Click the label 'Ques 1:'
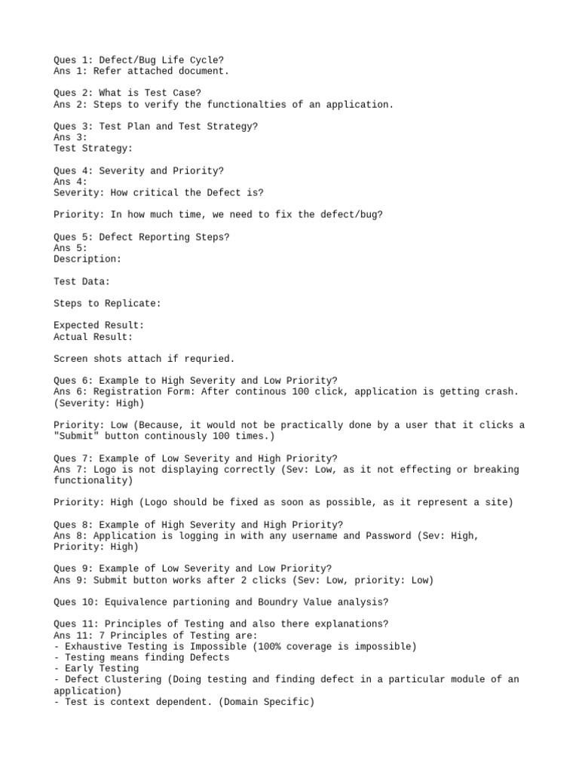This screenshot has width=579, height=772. coord(73,60)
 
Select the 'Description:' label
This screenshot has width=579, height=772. coord(87,259)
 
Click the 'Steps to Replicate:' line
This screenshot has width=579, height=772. coord(107,303)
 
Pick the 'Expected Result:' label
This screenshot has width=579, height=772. coord(99,326)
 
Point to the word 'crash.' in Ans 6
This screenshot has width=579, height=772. coord(502,392)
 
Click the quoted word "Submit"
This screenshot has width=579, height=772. coord(76,437)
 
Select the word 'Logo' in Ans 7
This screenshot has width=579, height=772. coord(104,470)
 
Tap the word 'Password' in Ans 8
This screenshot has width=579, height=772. coord(387,536)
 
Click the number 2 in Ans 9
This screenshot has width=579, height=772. coord(240,580)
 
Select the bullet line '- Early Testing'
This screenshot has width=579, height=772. coord(96,669)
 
